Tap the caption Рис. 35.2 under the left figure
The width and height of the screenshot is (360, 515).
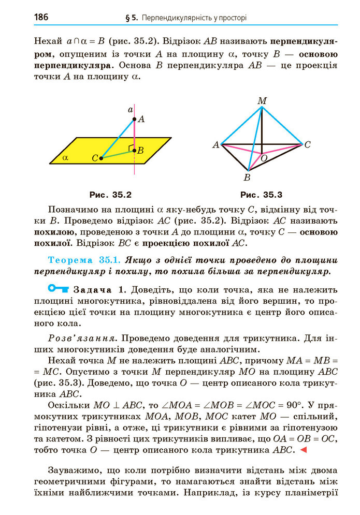pyautogui.click(x=110, y=195)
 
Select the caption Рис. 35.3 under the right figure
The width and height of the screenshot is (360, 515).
pyautogui.click(x=261, y=195)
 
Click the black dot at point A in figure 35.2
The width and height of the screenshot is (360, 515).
pyautogui.click(x=134, y=119)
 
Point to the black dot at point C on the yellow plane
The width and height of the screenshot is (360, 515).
pyautogui.click(x=101, y=158)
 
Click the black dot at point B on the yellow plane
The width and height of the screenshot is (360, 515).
pyautogui.click(x=134, y=151)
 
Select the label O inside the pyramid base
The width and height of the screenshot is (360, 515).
pyautogui.click(x=264, y=158)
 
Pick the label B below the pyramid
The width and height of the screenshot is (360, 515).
pyautogui.click(x=247, y=178)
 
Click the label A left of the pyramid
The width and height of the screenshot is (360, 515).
pyautogui.click(x=215, y=145)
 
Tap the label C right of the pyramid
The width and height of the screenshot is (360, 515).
pyautogui.click(x=307, y=145)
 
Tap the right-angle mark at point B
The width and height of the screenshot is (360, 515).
pyautogui.click(x=131, y=149)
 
